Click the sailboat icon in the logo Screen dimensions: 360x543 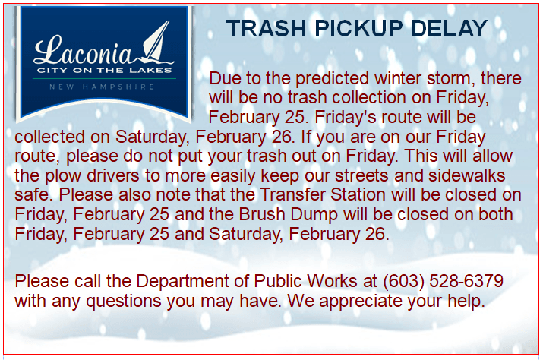(x=157, y=44)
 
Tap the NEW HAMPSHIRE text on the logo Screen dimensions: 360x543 (x=102, y=87)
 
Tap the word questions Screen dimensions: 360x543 (x=129, y=300)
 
